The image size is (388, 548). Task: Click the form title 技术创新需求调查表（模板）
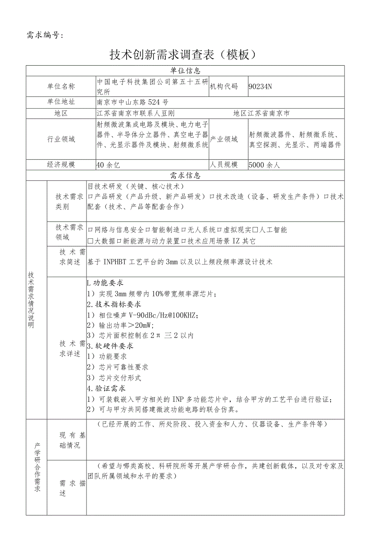(183, 55)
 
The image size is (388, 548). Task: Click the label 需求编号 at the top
(44, 35)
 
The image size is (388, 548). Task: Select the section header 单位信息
(185, 71)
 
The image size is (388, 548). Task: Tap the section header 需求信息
(185, 176)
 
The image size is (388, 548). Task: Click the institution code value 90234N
(261, 86)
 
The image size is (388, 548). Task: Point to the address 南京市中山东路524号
(132, 102)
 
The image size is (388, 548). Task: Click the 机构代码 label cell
(224, 86)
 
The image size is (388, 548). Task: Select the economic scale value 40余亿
(108, 165)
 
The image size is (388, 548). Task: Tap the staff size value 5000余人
(264, 165)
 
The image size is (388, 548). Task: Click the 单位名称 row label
(61, 86)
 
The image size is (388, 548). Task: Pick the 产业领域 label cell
(224, 139)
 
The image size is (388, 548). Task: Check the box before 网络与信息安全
(90, 230)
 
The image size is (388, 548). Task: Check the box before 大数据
(90, 241)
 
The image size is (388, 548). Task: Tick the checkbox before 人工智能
(255, 230)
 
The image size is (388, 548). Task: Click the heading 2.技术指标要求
(114, 305)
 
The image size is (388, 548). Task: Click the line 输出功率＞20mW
(121, 325)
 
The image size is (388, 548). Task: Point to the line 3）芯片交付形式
(114, 378)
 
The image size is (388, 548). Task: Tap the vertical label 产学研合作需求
(37, 467)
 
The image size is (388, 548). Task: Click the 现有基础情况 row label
(70, 440)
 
